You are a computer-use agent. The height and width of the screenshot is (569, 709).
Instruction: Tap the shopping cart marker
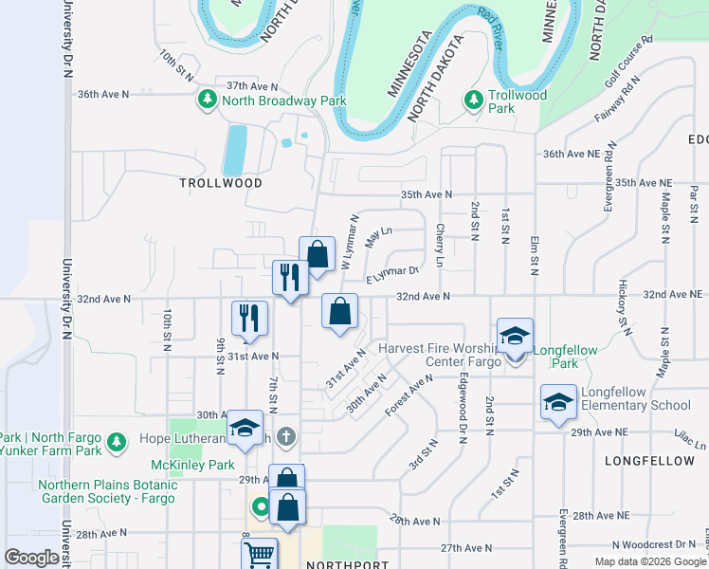click(258, 555)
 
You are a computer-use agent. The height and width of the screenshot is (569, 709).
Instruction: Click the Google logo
click(31, 558)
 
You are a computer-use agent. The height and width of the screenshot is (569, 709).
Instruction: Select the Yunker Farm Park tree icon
click(117, 442)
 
